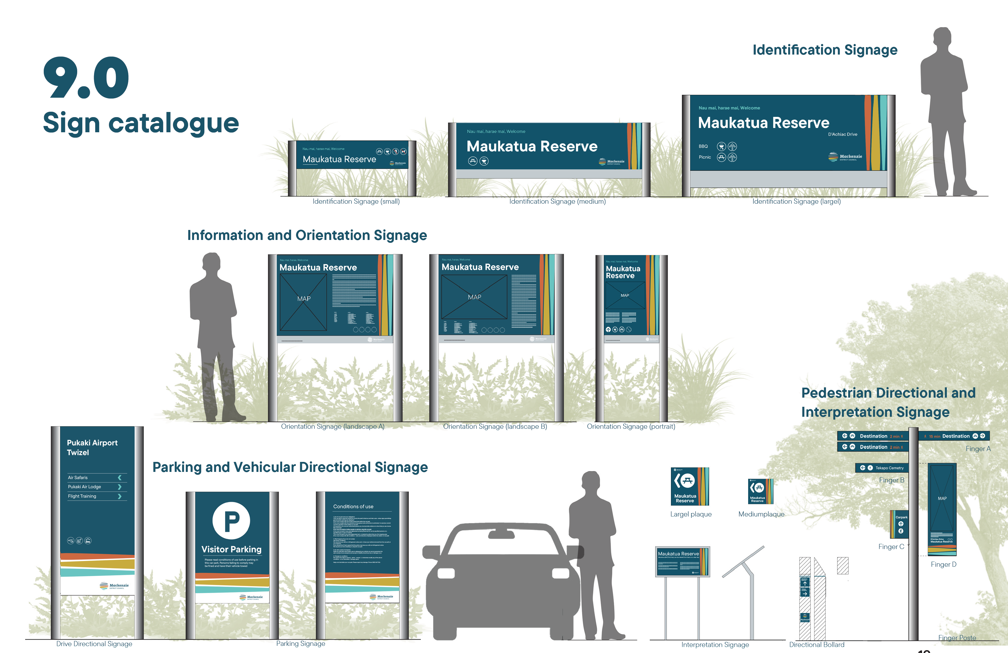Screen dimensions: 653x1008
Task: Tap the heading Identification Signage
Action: [x=825, y=50]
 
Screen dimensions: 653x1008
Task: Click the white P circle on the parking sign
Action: [x=231, y=520]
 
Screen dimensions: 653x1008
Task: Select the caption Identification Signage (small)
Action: [x=356, y=201]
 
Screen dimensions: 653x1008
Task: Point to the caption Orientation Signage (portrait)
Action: [x=631, y=426]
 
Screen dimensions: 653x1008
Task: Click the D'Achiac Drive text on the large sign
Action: [x=842, y=134]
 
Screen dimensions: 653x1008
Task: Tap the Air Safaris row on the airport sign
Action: [x=78, y=477]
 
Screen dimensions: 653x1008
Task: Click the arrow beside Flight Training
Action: [x=119, y=496]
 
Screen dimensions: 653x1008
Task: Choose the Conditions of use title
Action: [x=353, y=506]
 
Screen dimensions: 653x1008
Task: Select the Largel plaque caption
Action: [x=690, y=514]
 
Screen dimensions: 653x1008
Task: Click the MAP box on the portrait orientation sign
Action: [x=625, y=295]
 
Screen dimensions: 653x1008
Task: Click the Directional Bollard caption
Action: [x=816, y=644]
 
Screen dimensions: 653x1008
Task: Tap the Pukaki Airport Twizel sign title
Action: [x=92, y=447]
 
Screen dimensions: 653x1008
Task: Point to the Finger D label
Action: [x=943, y=564]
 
